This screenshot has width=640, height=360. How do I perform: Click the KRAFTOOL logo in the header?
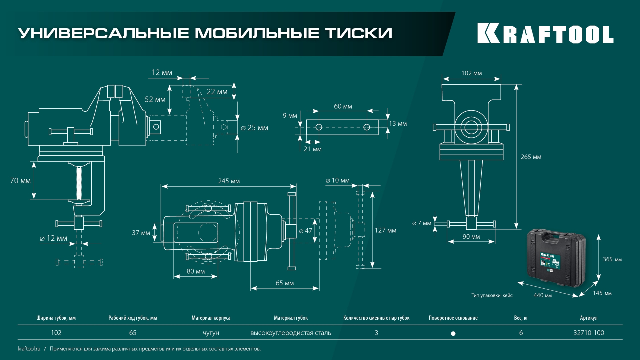[545, 33]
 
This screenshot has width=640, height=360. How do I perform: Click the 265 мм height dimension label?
[531, 157]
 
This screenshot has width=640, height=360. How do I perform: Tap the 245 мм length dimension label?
[229, 181]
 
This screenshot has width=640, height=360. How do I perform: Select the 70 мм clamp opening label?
[20, 181]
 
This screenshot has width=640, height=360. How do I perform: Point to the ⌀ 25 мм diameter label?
[255, 128]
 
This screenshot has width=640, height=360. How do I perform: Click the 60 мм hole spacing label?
[343, 106]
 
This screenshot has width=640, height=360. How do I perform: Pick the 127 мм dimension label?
[385, 230]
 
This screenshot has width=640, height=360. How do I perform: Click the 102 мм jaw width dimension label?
[471, 73]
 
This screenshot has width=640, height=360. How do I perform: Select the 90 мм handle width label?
[471, 237]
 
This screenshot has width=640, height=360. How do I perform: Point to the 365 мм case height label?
[612, 259]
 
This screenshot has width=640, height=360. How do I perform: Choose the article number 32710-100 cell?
[588, 333]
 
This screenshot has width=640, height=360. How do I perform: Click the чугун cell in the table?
[211, 333]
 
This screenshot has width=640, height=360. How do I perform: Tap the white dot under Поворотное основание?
[453, 333]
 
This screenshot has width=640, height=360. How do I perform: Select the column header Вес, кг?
[521, 318]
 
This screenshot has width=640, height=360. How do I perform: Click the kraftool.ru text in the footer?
[29, 349]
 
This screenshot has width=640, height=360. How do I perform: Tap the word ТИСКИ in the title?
[359, 33]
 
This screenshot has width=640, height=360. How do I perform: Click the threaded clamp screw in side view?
[79, 183]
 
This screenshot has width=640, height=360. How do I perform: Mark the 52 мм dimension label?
[155, 100]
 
